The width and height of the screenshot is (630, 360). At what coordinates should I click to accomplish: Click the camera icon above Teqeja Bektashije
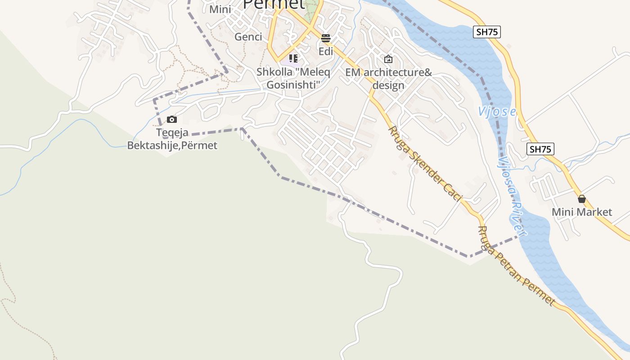[171, 119]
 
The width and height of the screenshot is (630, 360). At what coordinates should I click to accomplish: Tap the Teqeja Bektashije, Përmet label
[172, 139]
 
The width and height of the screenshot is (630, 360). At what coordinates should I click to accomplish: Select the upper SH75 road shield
[487, 32]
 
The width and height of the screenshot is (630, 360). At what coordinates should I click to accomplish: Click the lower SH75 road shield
[540, 149]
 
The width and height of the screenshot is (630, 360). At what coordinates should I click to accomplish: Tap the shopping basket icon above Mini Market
[582, 199]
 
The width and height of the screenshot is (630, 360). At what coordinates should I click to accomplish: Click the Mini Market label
[582, 212]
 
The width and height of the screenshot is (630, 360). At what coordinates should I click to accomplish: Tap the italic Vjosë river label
[497, 112]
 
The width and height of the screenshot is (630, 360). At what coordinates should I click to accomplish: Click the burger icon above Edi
[326, 38]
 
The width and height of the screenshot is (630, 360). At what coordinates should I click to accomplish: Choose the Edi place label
[326, 51]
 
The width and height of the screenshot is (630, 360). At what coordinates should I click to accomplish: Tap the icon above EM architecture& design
[388, 59]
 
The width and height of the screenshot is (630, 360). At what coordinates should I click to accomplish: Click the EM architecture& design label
[388, 79]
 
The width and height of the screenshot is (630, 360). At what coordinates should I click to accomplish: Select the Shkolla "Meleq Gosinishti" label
[293, 78]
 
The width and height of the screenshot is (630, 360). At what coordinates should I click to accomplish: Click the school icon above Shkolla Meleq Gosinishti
[293, 58]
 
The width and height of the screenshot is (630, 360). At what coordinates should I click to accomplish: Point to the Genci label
[248, 37]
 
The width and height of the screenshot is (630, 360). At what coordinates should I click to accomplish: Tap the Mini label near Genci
[220, 9]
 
